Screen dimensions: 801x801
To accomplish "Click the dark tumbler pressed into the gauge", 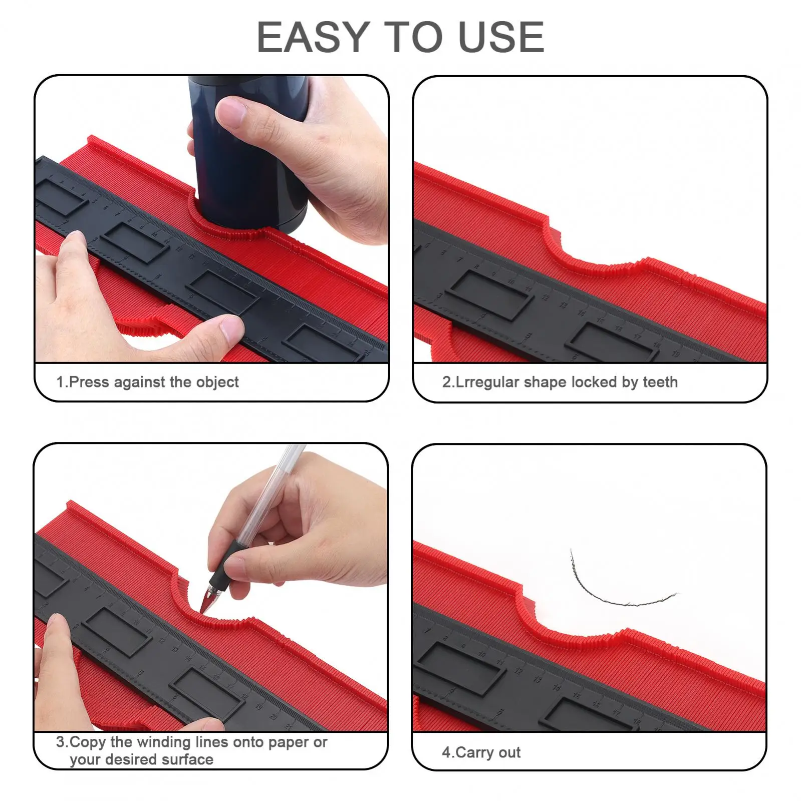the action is (x=248, y=153).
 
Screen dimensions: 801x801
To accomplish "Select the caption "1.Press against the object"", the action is (x=147, y=382).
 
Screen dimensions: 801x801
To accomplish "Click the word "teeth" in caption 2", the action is (x=660, y=382).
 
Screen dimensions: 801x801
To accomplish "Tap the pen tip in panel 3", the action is (x=203, y=610).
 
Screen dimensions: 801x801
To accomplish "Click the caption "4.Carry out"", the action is (x=481, y=752).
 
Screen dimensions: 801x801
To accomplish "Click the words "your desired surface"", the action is (x=142, y=759).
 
